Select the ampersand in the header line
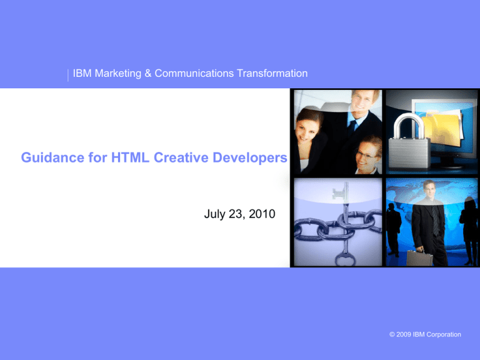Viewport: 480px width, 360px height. [148, 74]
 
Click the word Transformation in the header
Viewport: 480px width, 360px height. [272, 74]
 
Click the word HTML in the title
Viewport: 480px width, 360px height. [130, 157]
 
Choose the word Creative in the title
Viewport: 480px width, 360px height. [181, 157]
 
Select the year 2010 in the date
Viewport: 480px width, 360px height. [262, 214]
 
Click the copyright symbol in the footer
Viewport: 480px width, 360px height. [392, 334]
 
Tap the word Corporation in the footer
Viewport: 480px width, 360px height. [444, 334]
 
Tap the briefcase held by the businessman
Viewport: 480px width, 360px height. [419, 257]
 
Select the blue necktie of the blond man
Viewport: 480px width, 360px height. [352, 128]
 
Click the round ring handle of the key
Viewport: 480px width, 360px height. [346, 259]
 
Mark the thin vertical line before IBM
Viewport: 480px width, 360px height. [68, 75]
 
